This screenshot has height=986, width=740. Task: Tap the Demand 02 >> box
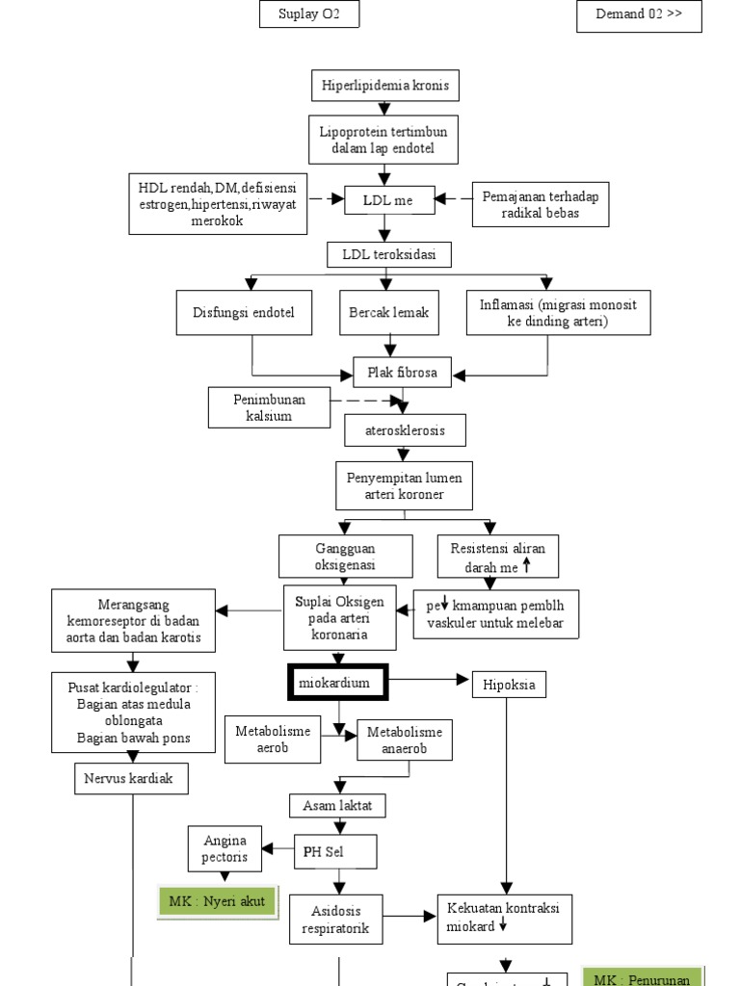click(639, 16)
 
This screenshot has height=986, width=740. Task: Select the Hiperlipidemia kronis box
click(385, 86)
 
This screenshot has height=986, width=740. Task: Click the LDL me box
click(386, 199)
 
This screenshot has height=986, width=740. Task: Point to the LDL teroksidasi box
click(386, 255)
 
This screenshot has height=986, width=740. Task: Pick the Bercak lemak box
click(389, 312)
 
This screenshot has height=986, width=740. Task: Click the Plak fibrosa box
click(402, 372)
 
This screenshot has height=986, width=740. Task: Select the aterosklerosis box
click(405, 430)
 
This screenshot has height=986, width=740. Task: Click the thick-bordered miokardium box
click(335, 684)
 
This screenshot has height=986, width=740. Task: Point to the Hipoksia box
click(509, 685)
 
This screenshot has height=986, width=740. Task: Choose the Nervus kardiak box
click(130, 778)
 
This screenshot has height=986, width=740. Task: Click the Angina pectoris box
click(226, 848)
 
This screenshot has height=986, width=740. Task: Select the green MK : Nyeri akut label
click(218, 901)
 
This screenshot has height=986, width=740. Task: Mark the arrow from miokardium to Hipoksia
click(429, 681)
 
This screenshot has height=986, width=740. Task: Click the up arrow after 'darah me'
click(526, 566)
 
